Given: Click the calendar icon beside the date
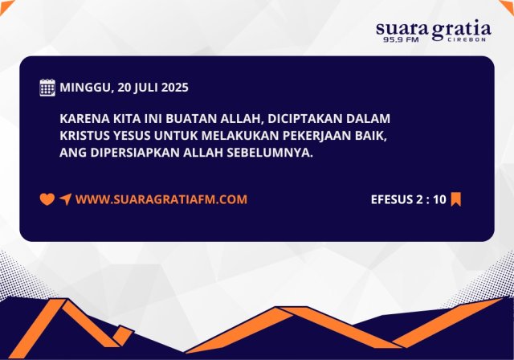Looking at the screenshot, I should pos(47,88).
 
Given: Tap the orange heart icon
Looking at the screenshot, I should pos(47,199).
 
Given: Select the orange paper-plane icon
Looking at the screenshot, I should pos(65,199).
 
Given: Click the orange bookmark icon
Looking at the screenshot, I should pos(455,199).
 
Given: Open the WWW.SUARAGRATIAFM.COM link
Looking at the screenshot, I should pos(161,199).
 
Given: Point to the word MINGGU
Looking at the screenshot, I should pos(85,88).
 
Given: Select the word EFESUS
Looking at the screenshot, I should pos(394,199).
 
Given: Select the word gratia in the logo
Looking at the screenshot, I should pos(461,31).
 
